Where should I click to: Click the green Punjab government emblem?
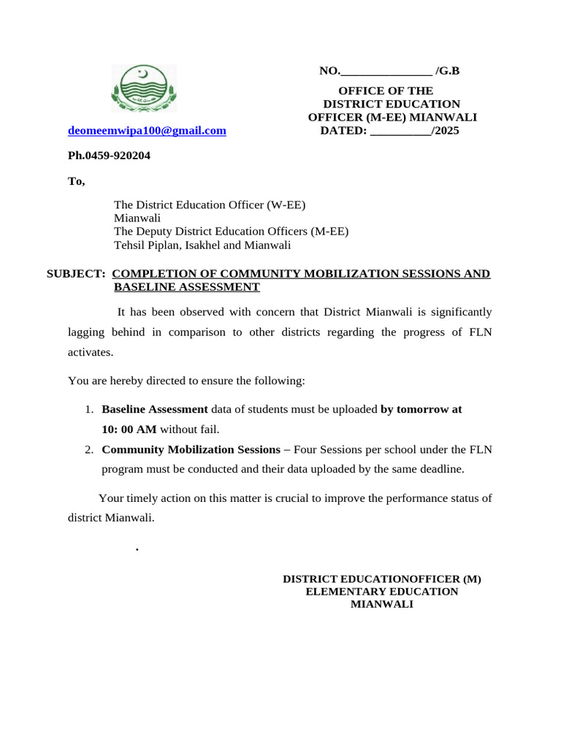144,88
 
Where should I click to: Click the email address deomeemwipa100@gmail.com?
147,131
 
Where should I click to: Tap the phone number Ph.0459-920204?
109,156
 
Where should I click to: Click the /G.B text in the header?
447,71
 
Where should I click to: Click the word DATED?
343,131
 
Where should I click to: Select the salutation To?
77,181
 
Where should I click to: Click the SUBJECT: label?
76,274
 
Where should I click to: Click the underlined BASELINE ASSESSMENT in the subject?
186,287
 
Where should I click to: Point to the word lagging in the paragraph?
86,332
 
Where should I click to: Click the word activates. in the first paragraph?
91,352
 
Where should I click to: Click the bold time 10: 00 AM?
129,430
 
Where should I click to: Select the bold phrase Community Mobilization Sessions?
191,450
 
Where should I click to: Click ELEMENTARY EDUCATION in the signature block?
381,592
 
